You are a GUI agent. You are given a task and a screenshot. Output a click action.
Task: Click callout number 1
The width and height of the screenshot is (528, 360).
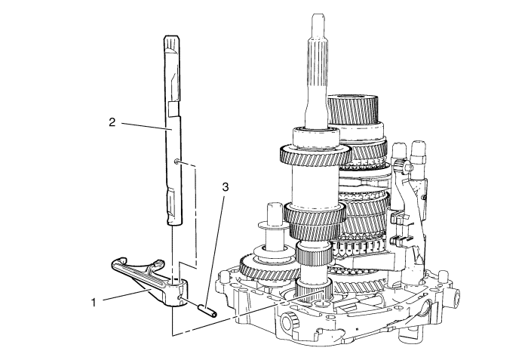(x=94, y=303)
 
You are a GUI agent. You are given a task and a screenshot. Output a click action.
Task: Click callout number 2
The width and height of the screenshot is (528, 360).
(x=112, y=122)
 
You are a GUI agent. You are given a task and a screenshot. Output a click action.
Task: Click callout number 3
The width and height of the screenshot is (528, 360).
(x=226, y=186)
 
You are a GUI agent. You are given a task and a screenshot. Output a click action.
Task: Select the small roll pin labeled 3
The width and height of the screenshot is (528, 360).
(x=206, y=310)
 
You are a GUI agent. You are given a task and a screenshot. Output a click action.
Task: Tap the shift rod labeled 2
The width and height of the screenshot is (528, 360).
(x=173, y=130)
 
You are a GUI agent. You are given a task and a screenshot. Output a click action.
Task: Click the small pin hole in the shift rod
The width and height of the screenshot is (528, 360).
(x=176, y=162)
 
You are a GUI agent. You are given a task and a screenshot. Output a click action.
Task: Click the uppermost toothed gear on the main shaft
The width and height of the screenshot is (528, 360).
(x=315, y=155)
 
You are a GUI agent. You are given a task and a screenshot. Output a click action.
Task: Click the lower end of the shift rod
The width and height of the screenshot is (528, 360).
(x=173, y=222)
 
